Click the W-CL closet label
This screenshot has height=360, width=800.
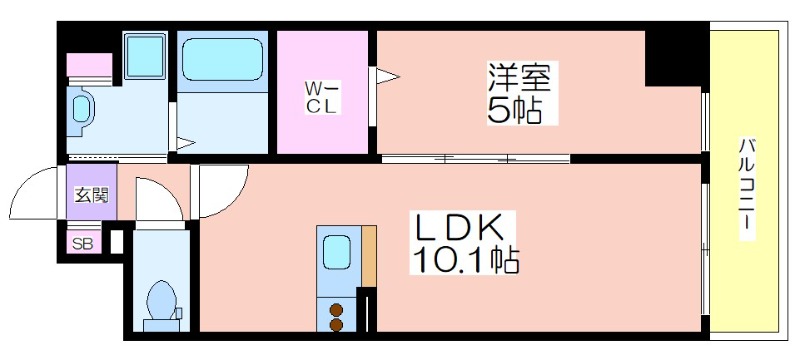[322, 98]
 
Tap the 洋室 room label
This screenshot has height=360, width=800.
[519, 77]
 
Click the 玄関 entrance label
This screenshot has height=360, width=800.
[92, 195]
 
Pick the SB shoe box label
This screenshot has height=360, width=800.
[82, 244]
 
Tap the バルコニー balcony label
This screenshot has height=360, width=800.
[745, 188]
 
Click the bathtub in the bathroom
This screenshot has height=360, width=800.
[222, 59]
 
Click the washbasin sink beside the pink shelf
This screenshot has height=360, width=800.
[81, 110]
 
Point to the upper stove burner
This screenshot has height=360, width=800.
[336, 310]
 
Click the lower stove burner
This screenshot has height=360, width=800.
[336, 324]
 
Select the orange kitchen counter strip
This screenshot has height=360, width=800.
[369, 256]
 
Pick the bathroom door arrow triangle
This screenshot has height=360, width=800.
[186, 144]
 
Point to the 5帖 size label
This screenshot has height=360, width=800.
[514, 110]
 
